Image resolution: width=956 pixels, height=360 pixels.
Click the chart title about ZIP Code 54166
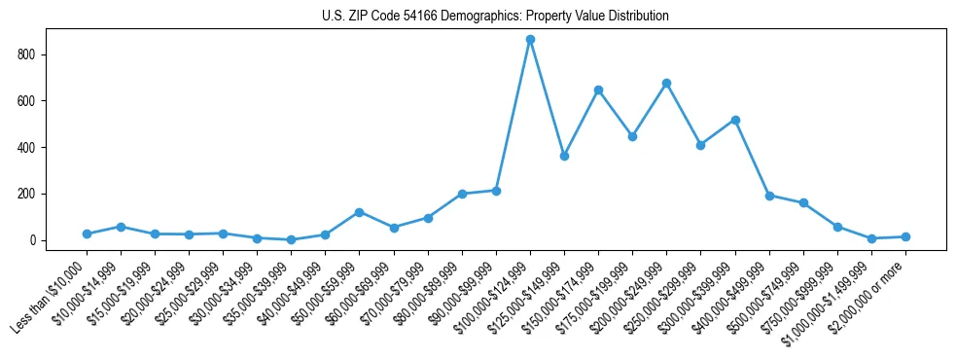click(495, 16)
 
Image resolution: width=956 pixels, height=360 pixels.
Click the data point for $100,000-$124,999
click(530, 40)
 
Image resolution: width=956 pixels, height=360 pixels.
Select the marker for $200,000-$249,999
click(666, 84)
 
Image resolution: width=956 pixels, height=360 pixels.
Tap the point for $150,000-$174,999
click(598, 90)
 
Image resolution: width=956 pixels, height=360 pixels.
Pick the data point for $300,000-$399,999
click(735, 120)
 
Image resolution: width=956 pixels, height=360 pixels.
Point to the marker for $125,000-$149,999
click(564, 156)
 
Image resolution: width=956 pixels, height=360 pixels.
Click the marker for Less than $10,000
click(87, 234)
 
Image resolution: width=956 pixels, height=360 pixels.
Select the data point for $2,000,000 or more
click(905, 236)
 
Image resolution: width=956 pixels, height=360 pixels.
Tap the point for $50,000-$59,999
click(360, 212)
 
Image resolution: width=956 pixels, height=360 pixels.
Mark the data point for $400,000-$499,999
click(769, 196)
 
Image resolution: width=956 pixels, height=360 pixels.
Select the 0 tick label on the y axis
click(35, 240)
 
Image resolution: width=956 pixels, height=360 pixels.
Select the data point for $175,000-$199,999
click(632, 137)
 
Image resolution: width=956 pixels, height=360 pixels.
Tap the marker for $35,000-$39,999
click(291, 239)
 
